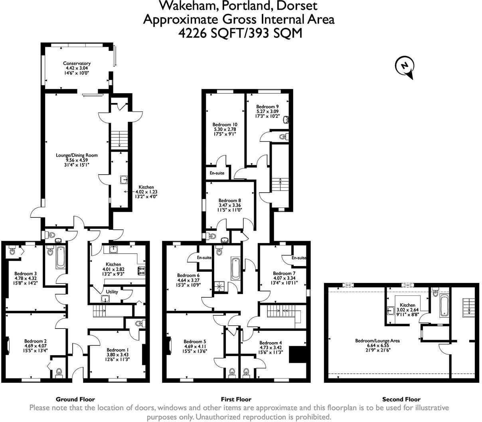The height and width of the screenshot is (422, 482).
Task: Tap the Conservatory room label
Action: pyautogui.click(x=77, y=63)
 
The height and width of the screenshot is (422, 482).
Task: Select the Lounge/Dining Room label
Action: pyautogui.click(x=76, y=155)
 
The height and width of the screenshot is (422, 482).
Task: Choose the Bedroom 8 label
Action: pyautogui.click(x=229, y=201)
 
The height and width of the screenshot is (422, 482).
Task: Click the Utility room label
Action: pyautogui.click(x=112, y=292)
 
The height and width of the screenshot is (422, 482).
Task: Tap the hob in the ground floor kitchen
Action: pyautogui.click(x=142, y=271)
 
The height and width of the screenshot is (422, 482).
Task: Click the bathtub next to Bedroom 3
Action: pyautogui.click(x=61, y=258)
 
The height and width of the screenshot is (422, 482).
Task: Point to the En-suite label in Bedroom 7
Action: pyautogui.click(x=298, y=258)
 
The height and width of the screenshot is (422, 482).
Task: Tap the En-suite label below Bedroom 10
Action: pyautogui.click(x=217, y=174)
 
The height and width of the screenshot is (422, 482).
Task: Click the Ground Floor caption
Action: pyautogui.click(x=75, y=399)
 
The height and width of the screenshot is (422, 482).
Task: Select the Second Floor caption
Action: pyautogui.click(x=401, y=399)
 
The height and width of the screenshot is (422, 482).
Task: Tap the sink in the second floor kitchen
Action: pyautogui.click(x=391, y=311)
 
